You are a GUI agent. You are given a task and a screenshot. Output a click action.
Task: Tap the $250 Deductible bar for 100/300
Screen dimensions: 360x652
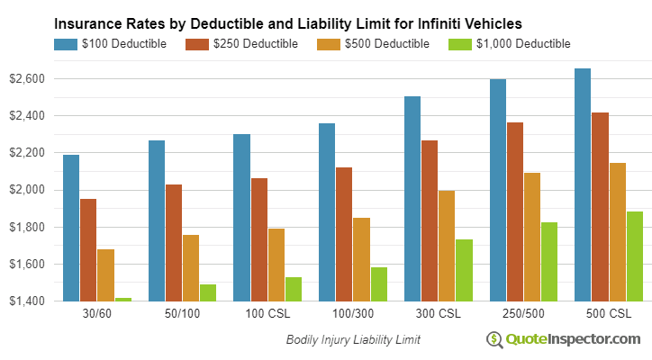[x=344, y=234]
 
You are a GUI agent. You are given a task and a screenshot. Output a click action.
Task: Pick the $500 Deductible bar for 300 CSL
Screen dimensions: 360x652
[x=446, y=246]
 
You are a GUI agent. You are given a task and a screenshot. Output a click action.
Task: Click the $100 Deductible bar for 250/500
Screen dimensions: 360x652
[x=497, y=190]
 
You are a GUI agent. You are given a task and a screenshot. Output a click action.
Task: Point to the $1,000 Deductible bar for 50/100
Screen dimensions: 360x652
[x=208, y=292]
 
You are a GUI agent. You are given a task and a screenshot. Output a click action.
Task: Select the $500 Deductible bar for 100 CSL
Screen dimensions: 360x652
[x=276, y=265]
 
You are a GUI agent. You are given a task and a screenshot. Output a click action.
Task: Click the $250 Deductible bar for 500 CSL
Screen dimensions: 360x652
[x=600, y=206]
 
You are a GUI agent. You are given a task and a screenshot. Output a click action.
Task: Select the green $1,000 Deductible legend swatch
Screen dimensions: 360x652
[x=460, y=43]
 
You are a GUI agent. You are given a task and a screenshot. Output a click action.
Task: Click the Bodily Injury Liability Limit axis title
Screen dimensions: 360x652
[x=353, y=340]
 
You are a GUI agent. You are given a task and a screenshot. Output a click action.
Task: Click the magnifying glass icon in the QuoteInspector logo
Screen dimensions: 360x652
[x=494, y=339]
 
